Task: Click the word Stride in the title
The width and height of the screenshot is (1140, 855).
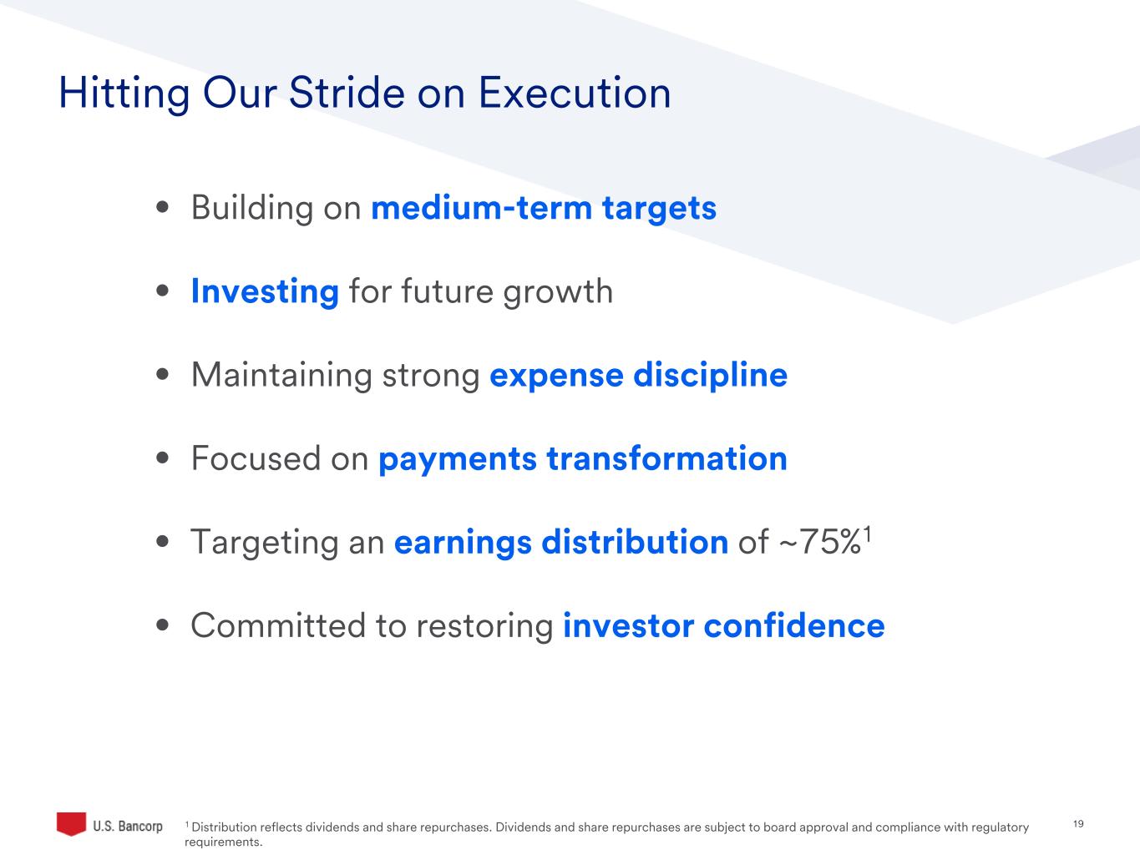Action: tap(347, 93)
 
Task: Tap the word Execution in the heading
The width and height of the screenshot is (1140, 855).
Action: tap(575, 93)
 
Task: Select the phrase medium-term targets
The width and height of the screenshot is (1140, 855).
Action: tap(544, 209)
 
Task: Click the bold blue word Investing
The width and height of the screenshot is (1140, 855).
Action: tap(265, 291)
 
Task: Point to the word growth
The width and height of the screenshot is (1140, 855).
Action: tap(558, 292)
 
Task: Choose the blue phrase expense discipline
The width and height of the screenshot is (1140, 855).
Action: tap(638, 376)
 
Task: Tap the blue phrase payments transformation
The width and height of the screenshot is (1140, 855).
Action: tap(583, 459)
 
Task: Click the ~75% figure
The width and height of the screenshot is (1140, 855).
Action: tap(819, 542)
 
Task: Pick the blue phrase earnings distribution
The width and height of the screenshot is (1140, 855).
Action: tap(561, 543)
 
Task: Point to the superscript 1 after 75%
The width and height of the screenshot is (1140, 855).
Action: tap(868, 534)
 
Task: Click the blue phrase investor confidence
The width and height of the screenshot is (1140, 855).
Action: tap(724, 625)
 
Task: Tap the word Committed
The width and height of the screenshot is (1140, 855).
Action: tap(278, 625)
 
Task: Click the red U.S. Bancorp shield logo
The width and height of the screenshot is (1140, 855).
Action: tap(71, 823)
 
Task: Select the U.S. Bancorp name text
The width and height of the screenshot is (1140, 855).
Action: tap(128, 826)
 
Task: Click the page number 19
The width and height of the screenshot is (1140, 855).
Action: tap(1078, 824)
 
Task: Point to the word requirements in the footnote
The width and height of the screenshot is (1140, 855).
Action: tap(223, 842)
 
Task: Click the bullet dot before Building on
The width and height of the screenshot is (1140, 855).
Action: tap(163, 208)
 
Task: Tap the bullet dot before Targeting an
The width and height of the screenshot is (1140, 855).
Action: tap(163, 541)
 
